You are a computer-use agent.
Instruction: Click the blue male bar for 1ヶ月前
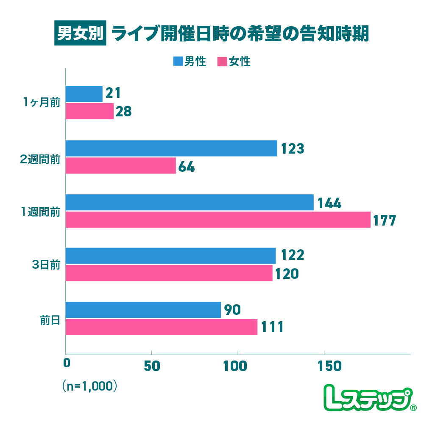tap(84, 94)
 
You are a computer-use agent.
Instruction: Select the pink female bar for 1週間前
tap(218, 220)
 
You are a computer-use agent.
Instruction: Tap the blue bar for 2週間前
tap(171, 149)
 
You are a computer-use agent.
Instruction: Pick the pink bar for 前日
tap(162, 327)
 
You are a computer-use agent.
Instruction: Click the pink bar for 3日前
tap(169, 273)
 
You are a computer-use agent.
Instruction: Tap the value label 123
tap(292, 149)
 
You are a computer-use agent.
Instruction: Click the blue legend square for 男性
tap(178, 62)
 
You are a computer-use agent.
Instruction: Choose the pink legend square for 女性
tap(222, 62)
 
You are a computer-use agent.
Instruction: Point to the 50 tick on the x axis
tap(152, 366)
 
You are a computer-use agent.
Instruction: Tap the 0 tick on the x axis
tap(66, 366)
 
